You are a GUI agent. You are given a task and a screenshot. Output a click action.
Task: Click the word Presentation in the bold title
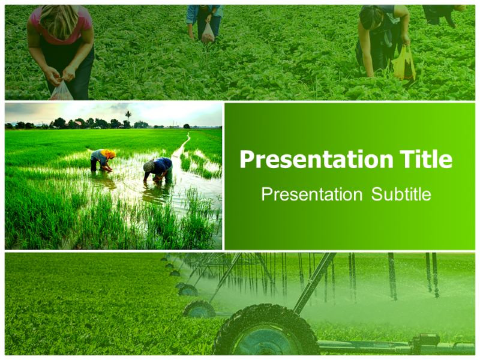tap(316, 160)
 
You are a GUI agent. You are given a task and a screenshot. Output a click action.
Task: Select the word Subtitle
tap(401, 194)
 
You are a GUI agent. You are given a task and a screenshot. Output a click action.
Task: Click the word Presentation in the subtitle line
tap(312, 194)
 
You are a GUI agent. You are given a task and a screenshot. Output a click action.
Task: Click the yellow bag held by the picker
tap(404, 64)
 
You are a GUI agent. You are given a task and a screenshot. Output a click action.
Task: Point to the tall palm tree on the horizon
tap(128, 117)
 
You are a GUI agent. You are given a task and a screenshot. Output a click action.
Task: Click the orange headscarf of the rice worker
tap(109, 154)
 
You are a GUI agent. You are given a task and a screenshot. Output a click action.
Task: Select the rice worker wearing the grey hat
tap(158, 170)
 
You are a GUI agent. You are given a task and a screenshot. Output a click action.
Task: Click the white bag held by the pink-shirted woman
tap(61, 91)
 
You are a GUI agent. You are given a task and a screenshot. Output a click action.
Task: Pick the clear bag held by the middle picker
tap(208, 34)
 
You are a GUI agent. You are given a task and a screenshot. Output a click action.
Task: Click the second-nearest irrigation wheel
tap(200, 310)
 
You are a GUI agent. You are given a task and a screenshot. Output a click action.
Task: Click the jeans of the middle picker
tap(208, 25)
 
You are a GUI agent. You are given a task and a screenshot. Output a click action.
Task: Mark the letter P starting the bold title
tap(247, 160)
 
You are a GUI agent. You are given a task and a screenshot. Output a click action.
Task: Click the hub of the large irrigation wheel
tap(265, 340)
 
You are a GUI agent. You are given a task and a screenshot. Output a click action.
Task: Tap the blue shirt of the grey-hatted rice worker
tap(162, 166)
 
